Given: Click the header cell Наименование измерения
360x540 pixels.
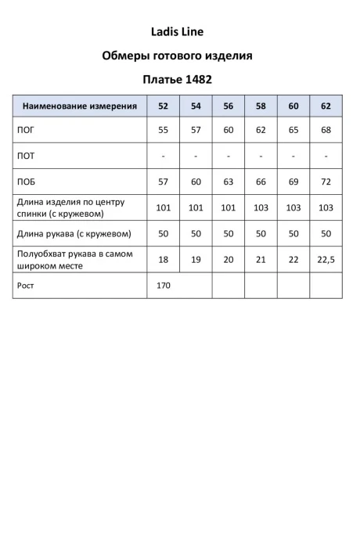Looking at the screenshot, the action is (x=80, y=106).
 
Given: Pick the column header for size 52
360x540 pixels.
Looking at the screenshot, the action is (x=163, y=106).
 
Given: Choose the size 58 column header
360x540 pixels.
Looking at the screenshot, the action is (x=261, y=106).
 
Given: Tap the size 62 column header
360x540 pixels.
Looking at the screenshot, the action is (x=326, y=106).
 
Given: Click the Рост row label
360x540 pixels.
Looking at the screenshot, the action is (x=25, y=286).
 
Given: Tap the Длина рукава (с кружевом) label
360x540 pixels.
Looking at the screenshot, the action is (x=73, y=233).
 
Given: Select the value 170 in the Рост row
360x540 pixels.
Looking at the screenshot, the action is (x=163, y=286).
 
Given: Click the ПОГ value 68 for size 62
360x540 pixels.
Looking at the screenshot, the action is (x=326, y=130).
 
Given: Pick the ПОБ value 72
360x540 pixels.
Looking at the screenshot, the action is (x=326, y=182).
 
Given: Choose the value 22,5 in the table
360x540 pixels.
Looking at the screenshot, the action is (x=326, y=260).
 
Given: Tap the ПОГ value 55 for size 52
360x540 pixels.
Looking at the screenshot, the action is (x=163, y=130).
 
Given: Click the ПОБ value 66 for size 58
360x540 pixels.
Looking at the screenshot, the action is (x=261, y=182).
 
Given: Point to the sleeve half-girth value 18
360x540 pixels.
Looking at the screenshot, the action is (x=163, y=260).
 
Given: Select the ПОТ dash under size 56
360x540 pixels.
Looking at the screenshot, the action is (x=229, y=156).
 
